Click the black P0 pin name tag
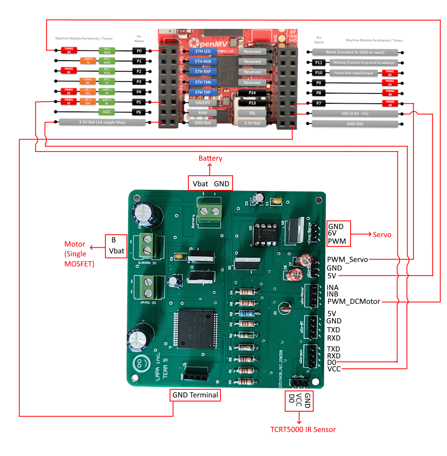point(139,51)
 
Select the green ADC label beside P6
point(107,112)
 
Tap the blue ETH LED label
point(203,52)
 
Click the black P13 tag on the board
point(252,103)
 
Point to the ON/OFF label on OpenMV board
point(203,103)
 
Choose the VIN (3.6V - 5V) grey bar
point(355,114)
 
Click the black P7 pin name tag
point(318,103)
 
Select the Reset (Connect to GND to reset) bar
point(355,52)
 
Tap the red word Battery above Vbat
point(210,158)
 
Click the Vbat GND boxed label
point(211,183)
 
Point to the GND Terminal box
point(195,395)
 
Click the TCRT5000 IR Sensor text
point(303,430)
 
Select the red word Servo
point(382,235)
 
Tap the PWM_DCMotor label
point(353,301)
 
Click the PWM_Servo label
point(347,260)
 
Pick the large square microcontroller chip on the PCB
point(196,329)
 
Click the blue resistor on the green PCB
point(247,313)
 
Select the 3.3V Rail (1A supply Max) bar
point(102,122)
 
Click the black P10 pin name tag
point(318,73)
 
